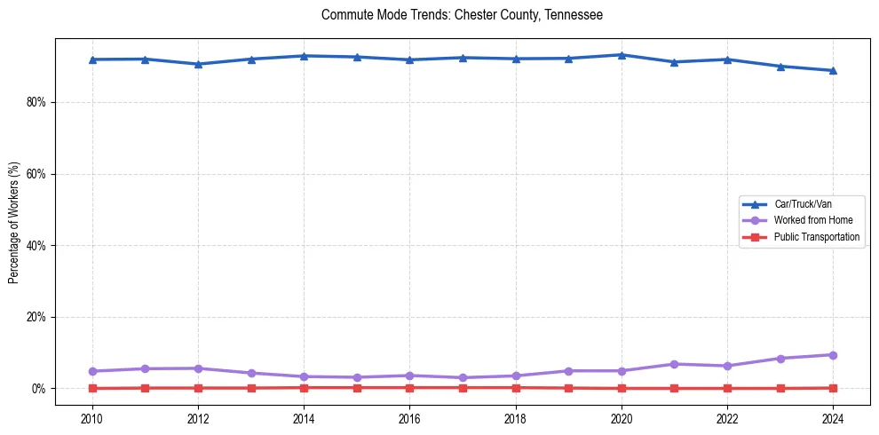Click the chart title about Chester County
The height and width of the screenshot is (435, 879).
(462, 15)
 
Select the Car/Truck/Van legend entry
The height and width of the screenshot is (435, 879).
(803, 204)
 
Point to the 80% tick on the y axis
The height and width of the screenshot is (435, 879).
(35, 102)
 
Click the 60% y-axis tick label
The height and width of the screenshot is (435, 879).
(35, 174)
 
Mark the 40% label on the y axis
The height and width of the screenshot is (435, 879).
(35, 246)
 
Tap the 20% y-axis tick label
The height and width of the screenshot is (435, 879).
(35, 317)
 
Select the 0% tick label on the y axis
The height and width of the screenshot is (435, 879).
(37, 389)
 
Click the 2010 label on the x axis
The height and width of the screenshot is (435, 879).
(92, 417)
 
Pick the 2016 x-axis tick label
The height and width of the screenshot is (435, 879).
(409, 417)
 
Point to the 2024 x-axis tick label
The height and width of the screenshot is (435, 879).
(833, 417)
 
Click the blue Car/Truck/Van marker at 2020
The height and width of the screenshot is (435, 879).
(622, 55)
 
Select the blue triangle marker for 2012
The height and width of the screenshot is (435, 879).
(198, 64)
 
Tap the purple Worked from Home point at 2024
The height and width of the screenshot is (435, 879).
(833, 355)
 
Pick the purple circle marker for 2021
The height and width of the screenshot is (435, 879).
(674, 364)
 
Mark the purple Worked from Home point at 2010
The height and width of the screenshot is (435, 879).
(92, 371)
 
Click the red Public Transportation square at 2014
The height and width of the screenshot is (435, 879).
(304, 388)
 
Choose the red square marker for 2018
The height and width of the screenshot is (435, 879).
(516, 388)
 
